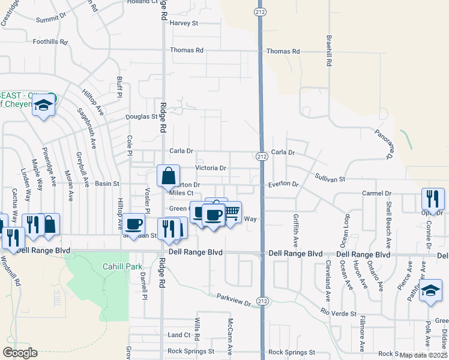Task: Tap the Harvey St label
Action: pos(184,23)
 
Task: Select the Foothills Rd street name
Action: pos(51,41)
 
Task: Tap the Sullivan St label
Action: pos(330,178)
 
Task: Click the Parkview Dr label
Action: pos(234,300)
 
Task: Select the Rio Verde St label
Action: pos(339,313)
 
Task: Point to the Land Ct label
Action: pos(179,335)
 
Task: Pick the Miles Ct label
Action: pos(181,193)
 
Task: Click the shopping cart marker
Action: pos(232,211)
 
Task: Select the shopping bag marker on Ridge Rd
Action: pos(168,176)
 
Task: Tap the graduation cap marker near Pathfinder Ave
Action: pos(430,291)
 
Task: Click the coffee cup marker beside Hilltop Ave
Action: pos(134,223)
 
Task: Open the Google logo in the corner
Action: pos(20,353)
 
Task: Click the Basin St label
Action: pos(107,184)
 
